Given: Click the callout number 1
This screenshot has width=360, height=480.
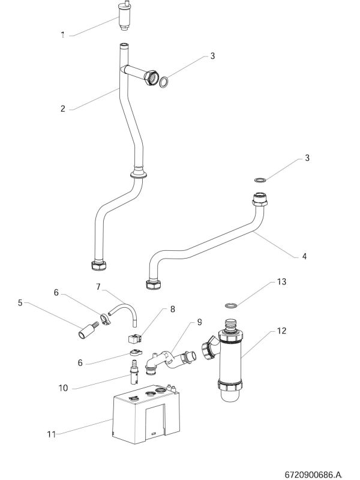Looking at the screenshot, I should pyautogui.click(x=63, y=35).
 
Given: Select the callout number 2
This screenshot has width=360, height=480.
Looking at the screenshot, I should pyautogui.click(x=63, y=109).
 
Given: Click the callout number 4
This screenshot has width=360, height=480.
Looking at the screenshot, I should pyautogui.click(x=304, y=256).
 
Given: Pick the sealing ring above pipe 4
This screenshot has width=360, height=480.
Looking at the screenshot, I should pyautogui.click(x=260, y=179).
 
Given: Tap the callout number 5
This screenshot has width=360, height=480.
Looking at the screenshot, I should pyautogui.click(x=20, y=303).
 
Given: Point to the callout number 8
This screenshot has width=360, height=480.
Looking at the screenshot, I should pyautogui.click(x=172, y=310).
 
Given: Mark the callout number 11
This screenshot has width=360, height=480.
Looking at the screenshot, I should pyautogui.click(x=52, y=435).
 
